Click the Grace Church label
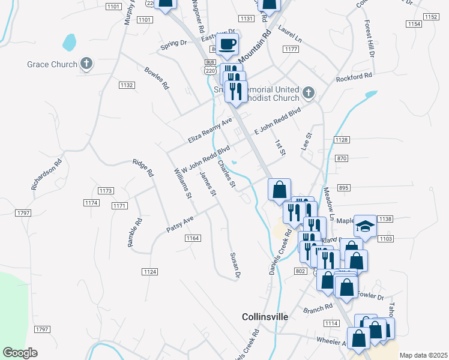coord(52,64)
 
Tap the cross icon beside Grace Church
coord(86,64)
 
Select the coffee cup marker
coord(228,44)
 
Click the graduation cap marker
coord(365,226)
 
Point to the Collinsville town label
coord(265,316)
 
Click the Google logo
coord(20,353)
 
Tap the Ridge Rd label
coord(143,168)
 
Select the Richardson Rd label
coord(47,174)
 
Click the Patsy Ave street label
coord(180,226)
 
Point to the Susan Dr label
coord(235,265)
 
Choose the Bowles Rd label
coord(157,78)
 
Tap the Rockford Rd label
coord(354,77)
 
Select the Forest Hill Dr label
coord(369,40)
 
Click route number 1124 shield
coord(150,272)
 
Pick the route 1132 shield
coord(126,85)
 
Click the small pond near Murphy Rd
coord(69,42)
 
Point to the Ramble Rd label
coord(134,232)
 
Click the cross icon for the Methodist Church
coord(309,92)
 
